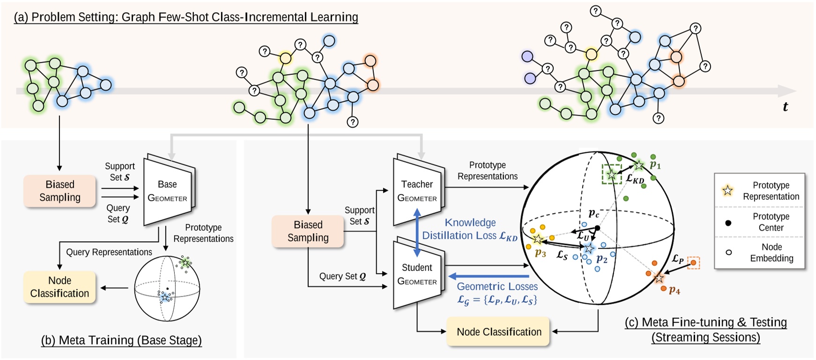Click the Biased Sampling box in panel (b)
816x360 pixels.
(x=59, y=191)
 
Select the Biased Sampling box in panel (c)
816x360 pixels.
(x=308, y=231)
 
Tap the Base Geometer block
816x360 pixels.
(x=168, y=191)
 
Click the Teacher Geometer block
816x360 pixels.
(x=417, y=191)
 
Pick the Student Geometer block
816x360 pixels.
(x=417, y=274)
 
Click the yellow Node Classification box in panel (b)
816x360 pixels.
(x=59, y=287)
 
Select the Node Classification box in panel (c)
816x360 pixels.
(x=498, y=332)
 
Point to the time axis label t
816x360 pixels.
(x=785, y=107)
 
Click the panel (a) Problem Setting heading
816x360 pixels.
(x=186, y=17)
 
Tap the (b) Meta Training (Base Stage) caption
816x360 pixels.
(x=121, y=340)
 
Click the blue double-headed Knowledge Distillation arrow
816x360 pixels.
(x=417, y=233)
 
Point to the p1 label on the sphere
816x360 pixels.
(x=655, y=165)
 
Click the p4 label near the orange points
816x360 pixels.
(x=674, y=290)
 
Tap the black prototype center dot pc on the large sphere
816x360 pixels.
(x=597, y=228)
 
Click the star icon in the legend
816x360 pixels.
(x=727, y=191)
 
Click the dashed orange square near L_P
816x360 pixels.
(x=693, y=263)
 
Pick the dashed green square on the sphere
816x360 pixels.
(x=612, y=174)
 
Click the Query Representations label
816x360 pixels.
(x=109, y=252)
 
